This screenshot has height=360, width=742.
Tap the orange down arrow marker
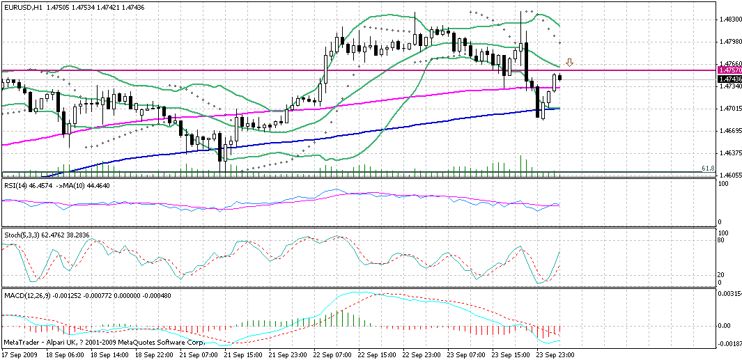(569, 63)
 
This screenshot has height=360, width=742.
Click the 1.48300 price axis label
(729, 20)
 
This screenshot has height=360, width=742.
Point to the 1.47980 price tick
(729, 42)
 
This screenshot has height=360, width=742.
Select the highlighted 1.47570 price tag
(729, 71)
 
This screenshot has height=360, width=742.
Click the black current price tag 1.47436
(729, 79)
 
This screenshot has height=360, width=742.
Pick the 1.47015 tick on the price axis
(729, 109)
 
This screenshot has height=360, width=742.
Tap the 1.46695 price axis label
(729, 131)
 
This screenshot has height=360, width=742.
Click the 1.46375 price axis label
(729, 153)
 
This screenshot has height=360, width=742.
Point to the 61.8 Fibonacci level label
(707, 169)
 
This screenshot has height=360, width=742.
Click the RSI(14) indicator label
(15, 185)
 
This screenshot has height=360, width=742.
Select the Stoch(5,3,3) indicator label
(20, 235)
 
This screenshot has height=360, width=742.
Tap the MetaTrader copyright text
(104, 343)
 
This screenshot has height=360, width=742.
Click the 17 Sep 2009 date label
(20, 354)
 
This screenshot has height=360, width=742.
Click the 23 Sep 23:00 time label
(555, 354)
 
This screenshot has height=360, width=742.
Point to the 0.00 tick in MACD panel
(725, 325)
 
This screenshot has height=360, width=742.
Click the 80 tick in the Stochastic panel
(722, 241)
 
